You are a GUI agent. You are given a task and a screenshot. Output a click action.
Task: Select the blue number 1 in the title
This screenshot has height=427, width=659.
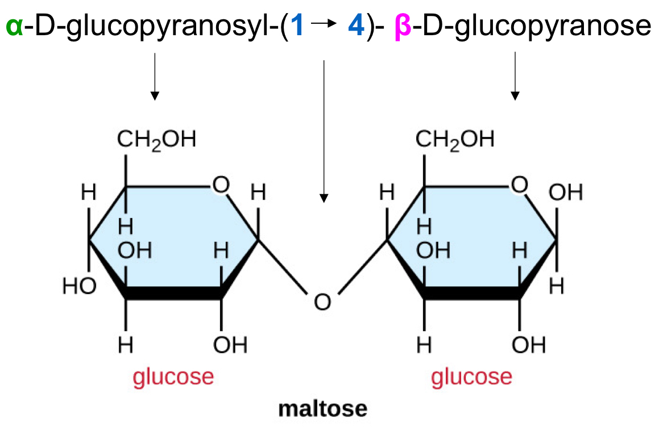(297, 27)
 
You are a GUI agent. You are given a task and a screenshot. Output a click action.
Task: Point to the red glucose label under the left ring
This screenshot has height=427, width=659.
(173, 376)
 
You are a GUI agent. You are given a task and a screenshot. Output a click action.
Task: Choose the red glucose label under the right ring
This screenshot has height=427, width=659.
(471, 376)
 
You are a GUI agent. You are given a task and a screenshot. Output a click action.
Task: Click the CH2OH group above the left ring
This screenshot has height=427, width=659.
(157, 140)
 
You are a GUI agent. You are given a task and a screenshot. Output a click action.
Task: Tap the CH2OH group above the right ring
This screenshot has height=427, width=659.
(455, 140)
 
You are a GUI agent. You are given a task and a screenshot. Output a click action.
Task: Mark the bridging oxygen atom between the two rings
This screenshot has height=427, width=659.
(322, 301)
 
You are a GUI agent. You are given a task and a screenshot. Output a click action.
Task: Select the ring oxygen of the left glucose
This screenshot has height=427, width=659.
(221, 185)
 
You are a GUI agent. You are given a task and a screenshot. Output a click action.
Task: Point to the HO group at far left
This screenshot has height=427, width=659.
(80, 286)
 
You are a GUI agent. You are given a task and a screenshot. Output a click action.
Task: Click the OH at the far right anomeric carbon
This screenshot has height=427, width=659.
(566, 193)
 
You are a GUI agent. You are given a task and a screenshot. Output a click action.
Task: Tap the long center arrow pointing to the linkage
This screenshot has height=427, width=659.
(324, 131)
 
